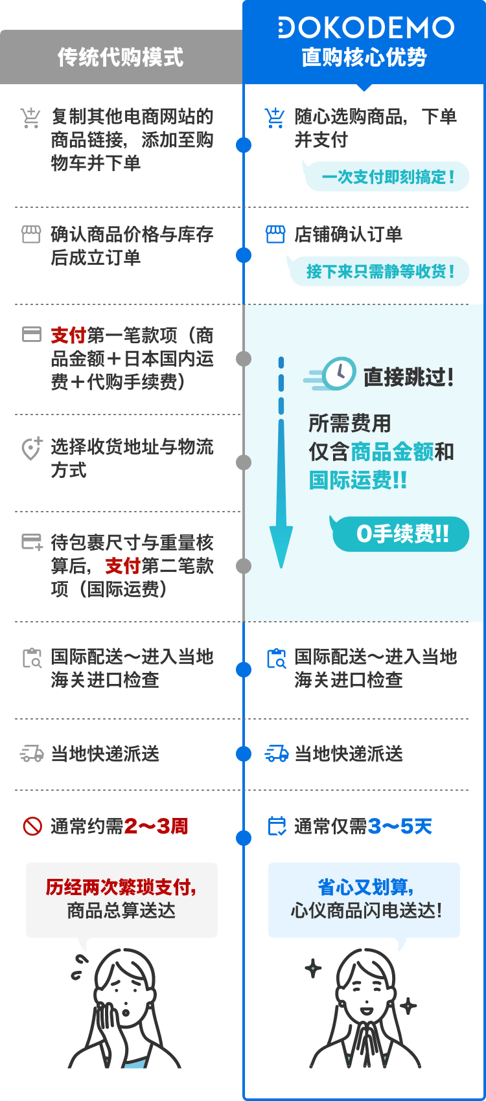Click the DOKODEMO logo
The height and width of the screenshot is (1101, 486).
366,27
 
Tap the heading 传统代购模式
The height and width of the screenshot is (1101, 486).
121,57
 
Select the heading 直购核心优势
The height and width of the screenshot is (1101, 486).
364,57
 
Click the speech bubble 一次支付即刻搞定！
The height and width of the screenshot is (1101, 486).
386,176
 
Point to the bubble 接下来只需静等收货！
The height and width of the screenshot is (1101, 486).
379,271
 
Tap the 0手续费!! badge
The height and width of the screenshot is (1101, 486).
400,534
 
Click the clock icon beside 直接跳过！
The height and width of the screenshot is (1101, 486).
339,374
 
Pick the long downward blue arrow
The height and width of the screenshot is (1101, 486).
281,462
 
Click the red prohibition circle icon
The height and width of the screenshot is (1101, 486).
32,826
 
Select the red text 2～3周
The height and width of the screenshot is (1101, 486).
156,826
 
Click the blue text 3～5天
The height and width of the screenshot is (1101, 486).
400,826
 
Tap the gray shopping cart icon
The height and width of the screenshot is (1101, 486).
30,118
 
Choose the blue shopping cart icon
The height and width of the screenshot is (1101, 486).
275,118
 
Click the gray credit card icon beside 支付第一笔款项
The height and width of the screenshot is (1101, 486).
32,334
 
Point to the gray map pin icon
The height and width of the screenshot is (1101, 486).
32,448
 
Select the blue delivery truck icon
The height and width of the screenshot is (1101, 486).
277,753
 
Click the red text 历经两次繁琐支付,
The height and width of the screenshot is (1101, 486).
121,887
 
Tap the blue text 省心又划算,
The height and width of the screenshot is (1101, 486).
365,887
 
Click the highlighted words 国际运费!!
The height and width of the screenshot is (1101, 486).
358,480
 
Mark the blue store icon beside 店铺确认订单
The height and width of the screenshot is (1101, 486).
275,234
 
